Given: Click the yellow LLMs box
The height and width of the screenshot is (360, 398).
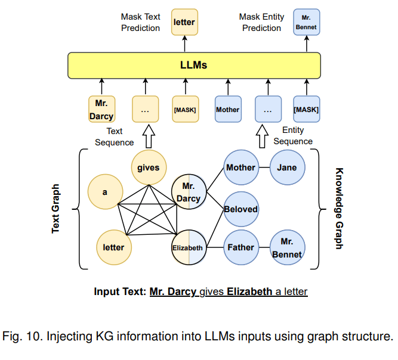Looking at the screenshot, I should click(195, 65).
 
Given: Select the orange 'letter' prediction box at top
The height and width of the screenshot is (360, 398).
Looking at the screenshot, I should click(184, 23).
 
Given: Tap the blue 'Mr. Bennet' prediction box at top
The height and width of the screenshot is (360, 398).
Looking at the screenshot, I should click(306, 23).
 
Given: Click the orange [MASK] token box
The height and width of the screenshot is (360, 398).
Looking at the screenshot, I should click(184, 110).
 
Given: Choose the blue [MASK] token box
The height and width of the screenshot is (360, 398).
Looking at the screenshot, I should click(306, 110).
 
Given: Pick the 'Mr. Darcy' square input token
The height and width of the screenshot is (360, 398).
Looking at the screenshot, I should click(101, 110).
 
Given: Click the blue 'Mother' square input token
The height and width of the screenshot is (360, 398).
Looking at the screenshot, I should click(227, 110).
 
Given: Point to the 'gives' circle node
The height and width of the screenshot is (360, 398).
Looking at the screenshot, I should click(149, 167).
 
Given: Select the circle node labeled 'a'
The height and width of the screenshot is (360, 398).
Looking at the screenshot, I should click(105, 192).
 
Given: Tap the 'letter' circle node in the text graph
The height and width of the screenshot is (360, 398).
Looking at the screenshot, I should click(114, 247).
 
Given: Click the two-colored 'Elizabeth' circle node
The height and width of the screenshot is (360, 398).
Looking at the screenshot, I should click(189, 247).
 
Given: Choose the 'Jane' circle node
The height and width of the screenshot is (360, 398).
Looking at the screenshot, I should click(287, 167).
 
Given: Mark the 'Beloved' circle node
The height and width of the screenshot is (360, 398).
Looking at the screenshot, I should click(240, 209).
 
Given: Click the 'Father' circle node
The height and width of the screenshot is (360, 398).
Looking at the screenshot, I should click(240, 247).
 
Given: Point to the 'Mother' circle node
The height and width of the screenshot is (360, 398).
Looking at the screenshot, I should click(240, 167).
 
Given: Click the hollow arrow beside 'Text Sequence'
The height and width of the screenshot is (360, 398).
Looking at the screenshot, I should click(148, 135).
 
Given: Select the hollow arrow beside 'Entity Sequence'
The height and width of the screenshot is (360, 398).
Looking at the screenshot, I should click(261, 135).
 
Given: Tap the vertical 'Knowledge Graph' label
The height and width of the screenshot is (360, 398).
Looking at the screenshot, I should click(338, 208).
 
